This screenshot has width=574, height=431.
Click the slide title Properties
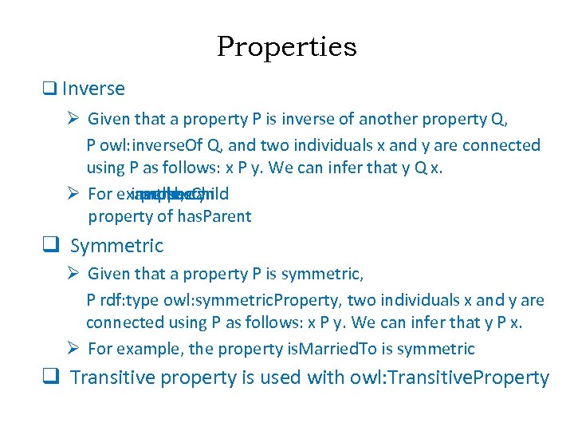pyautogui.click(x=286, y=47)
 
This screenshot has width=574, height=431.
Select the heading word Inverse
pyautogui.click(x=93, y=89)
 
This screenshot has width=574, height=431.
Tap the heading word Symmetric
pyautogui.click(x=116, y=246)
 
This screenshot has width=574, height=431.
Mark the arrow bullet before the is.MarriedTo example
pyautogui.click(x=73, y=349)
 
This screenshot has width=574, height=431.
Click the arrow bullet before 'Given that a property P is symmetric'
pyautogui.click(x=73, y=275)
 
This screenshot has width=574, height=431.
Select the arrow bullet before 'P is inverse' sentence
pyautogui.click(x=73, y=120)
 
